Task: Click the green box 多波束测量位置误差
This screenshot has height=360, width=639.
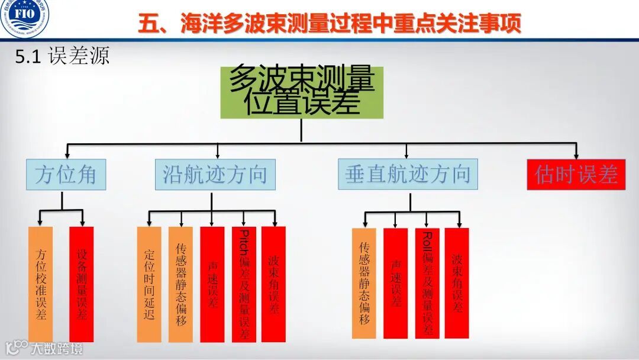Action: click(302, 92)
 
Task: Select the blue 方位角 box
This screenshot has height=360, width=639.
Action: click(66, 175)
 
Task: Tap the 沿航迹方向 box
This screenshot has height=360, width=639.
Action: click(215, 175)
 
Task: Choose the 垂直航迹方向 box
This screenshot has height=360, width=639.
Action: click(408, 174)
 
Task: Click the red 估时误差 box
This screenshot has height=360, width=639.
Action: click(576, 175)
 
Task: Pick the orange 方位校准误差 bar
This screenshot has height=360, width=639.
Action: click(40, 284)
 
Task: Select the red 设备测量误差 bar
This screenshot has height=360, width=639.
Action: click(81, 284)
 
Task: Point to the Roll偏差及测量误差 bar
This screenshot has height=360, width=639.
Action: click(427, 283)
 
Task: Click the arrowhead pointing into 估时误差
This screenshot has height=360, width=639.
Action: click(576, 155)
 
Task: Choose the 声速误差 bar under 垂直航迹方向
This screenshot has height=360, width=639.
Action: click(395, 283)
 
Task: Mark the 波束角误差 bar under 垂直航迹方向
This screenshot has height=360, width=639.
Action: click(457, 283)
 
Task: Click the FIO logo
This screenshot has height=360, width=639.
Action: click(25, 18)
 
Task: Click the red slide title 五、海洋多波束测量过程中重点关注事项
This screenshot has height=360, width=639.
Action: click(330, 24)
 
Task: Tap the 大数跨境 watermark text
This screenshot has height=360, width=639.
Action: click(57, 348)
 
